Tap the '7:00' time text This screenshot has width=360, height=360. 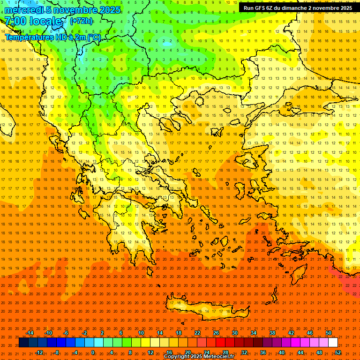click(x=15, y=21)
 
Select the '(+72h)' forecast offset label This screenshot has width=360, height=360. click(x=81, y=21)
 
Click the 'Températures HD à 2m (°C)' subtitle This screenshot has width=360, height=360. click(x=52, y=37)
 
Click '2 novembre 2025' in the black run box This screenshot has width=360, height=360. click(x=327, y=8)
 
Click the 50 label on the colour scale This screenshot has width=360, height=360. click(x=328, y=333)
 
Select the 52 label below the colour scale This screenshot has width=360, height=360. click(x=338, y=352)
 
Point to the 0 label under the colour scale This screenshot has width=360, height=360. click(x=93, y=352)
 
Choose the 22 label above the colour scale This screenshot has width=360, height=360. click(x=197, y=333)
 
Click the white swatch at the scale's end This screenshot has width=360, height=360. click(x=333, y=343)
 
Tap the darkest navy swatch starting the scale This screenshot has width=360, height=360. click(x=23, y=343)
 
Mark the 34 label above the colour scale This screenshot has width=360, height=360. click(x=254, y=333)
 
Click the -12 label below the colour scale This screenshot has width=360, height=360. click(x=39, y=352)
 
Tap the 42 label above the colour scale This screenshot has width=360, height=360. click(x=291, y=333)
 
